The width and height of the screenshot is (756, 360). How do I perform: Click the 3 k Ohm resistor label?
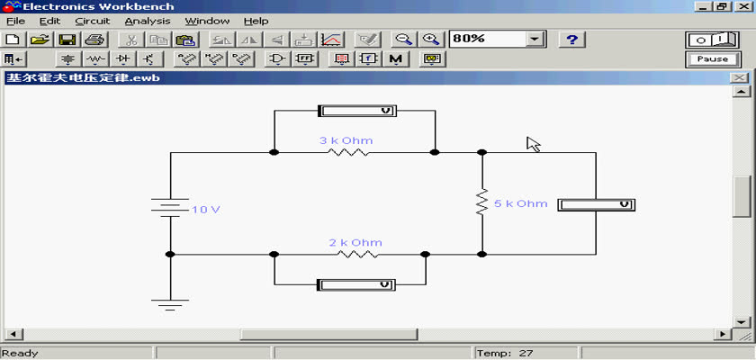coord(346,140)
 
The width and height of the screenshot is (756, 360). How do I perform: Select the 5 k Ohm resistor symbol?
coord(481,202)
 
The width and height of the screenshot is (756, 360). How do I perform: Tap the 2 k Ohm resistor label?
coord(355,242)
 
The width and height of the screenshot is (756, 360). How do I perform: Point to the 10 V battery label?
coord(206,210)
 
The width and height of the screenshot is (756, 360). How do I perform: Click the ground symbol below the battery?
coord(170,304)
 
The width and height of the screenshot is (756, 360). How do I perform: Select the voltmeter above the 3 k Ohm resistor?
coord(357,111)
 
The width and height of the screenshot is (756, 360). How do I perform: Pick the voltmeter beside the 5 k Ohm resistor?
coord(597,205)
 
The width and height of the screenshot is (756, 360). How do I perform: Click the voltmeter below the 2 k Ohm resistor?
coord(356,284)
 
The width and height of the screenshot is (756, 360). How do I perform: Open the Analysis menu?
coord(148,22)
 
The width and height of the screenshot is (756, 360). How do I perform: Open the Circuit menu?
coord(93,22)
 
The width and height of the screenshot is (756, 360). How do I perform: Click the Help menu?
coord(256,22)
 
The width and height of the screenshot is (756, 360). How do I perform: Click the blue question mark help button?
coord(571,40)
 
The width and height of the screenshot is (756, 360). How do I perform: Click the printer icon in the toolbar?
coord(94,40)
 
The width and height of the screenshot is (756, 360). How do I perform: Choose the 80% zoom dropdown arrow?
coord(535,39)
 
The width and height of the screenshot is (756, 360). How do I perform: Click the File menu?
coord(16,22)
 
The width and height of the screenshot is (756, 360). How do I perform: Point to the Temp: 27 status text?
coord(505,354)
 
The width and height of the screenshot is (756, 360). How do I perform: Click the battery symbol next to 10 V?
coord(170,207)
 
